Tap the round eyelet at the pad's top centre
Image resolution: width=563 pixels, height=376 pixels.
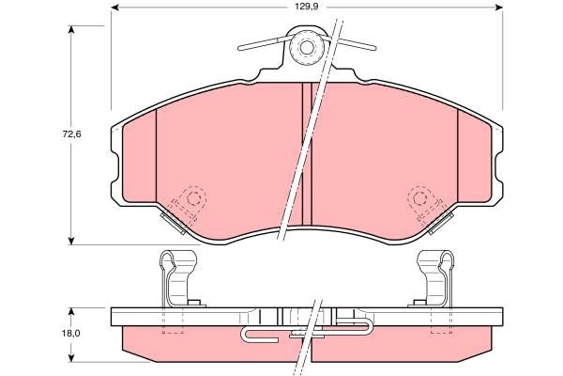(305, 50)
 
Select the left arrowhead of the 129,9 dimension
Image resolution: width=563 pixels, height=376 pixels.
(115, 8)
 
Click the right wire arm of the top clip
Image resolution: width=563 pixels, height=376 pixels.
(349, 43)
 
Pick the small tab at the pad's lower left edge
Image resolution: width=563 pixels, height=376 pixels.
(173, 223)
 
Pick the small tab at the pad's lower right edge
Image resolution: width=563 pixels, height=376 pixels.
(438, 225)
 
